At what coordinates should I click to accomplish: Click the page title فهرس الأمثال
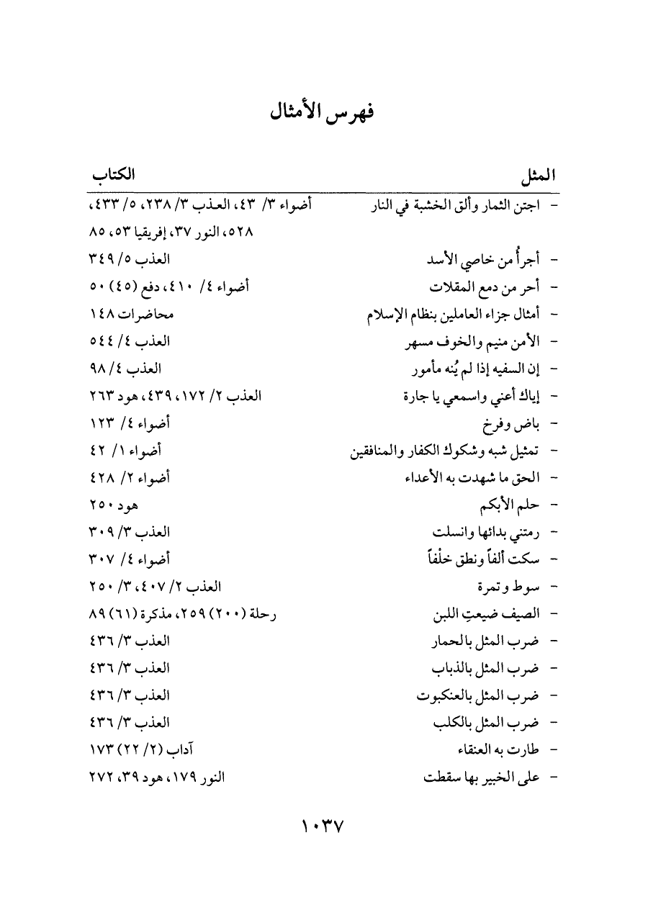pos(323,114)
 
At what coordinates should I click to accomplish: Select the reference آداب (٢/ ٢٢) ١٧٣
pos(141,749)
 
